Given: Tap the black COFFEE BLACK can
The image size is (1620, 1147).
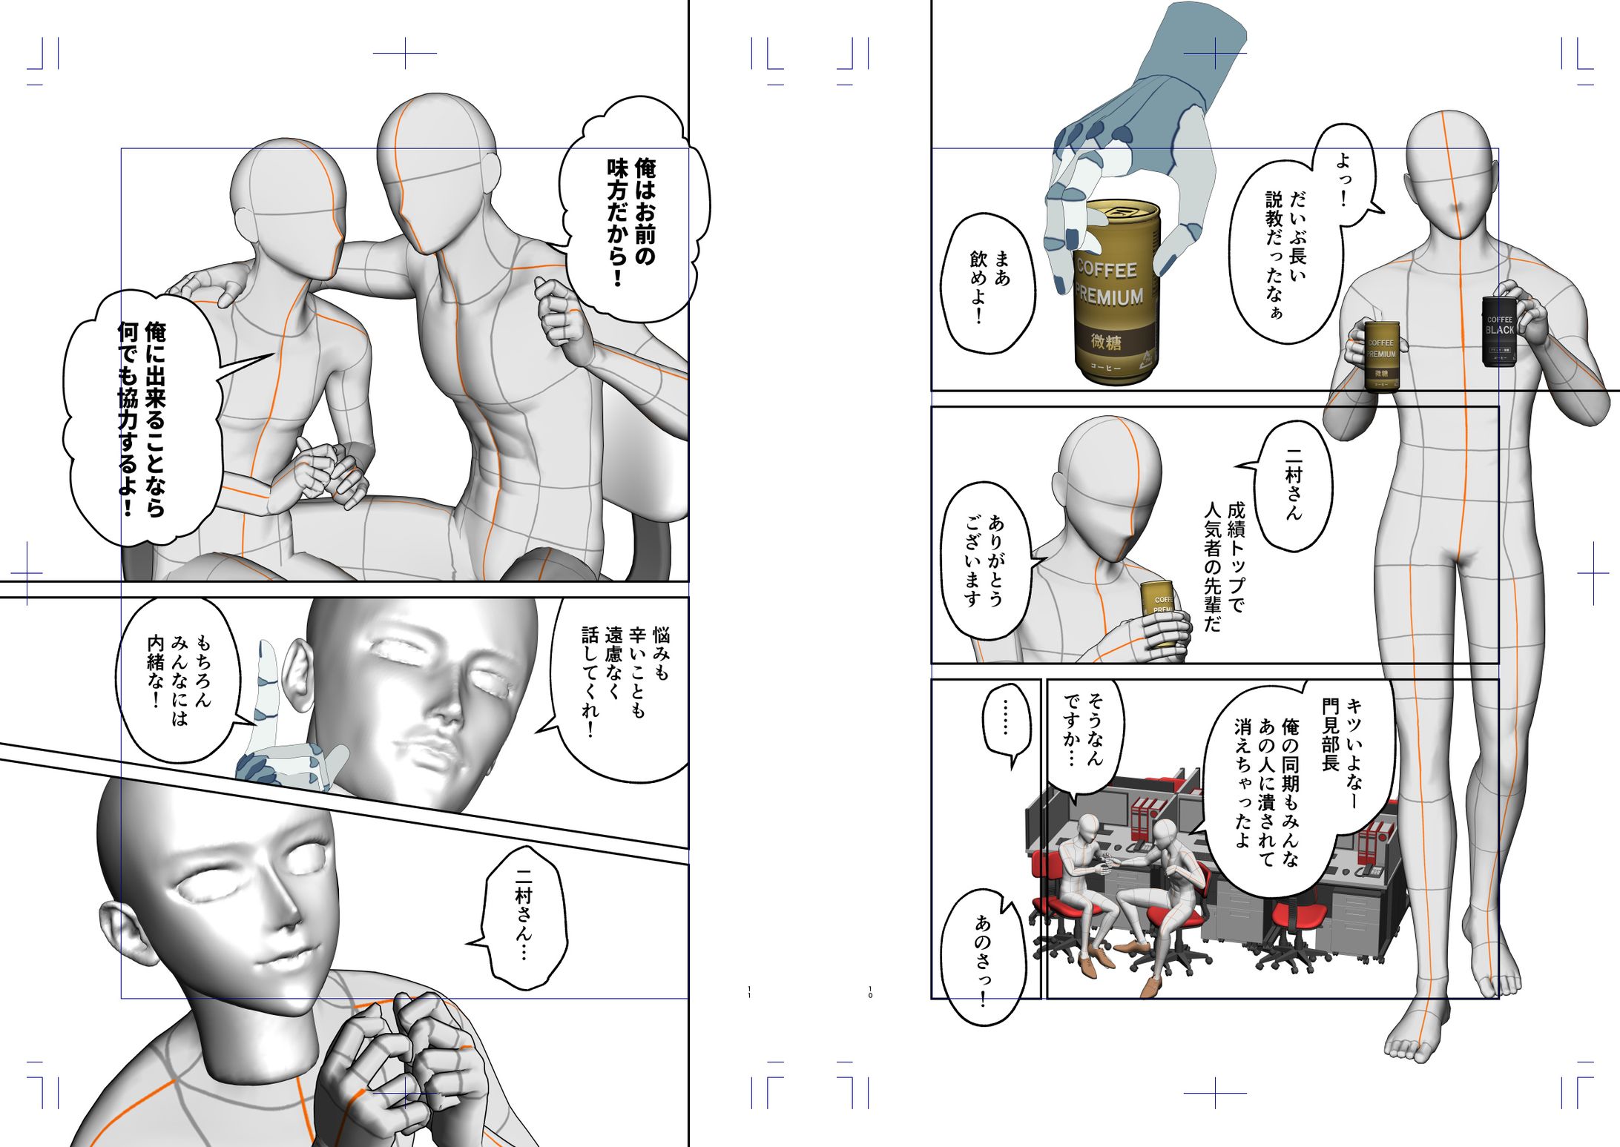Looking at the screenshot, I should point(1498,331).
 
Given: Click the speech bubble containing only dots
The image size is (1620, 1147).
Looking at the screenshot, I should point(1006,719).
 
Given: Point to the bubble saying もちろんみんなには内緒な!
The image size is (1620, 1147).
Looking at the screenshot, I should point(178,678).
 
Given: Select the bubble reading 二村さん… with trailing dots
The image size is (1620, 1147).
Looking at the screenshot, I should point(524,916).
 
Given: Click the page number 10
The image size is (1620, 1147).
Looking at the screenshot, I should point(870,991).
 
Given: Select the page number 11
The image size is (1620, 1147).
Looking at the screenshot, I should point(750,991).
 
